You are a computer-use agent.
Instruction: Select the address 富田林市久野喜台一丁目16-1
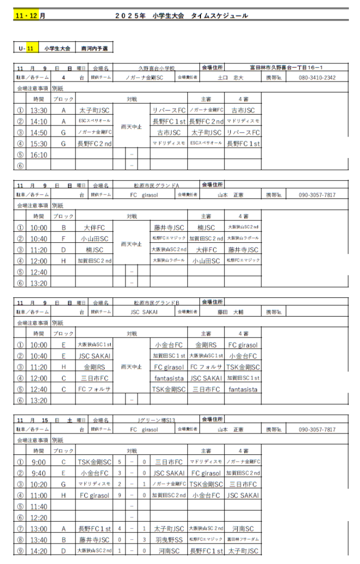(286, 68)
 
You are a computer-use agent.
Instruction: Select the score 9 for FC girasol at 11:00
(119, 495)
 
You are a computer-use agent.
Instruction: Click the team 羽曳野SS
(168, 540)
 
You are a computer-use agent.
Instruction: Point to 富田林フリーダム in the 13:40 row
(243, 540)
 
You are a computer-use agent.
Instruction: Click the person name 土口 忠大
(230, 78)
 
